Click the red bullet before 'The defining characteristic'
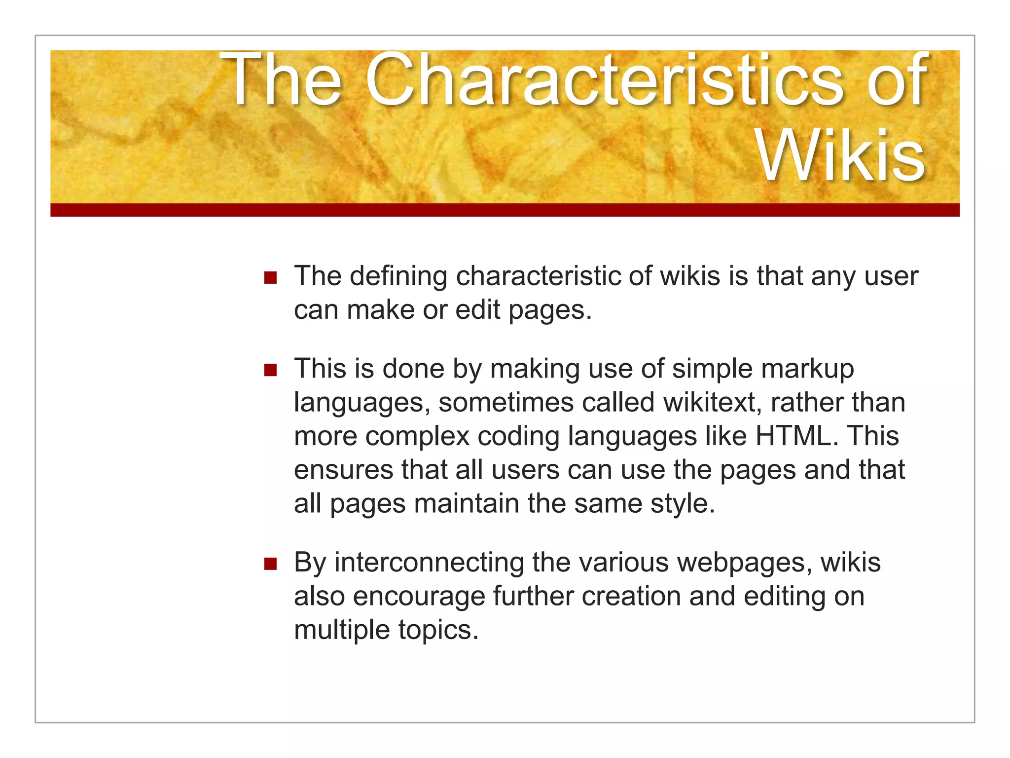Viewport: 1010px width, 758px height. click(x=270, y=277)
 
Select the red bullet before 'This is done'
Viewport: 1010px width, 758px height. click(x=270, y=370)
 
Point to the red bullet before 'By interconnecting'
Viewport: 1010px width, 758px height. click(x=270, y=564)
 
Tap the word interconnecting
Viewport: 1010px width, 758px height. click(x=429, y=563)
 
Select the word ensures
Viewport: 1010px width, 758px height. click(x=343, y=470)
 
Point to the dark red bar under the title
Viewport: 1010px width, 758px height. click(x=505, y=210)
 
